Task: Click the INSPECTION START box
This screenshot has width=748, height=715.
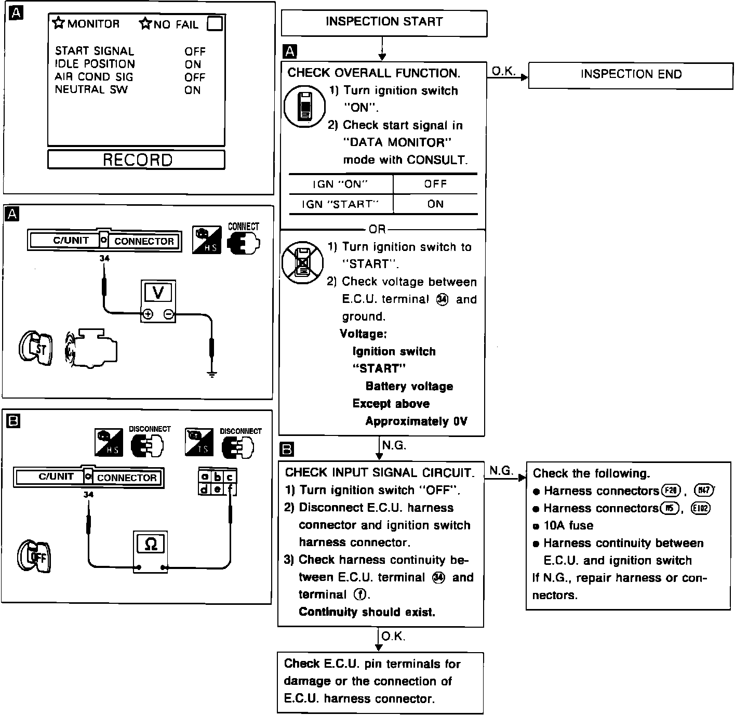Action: (x=384, y=22)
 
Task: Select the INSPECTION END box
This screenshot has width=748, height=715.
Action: (x=631, y=75)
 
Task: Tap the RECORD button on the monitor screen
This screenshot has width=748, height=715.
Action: (x=137, y=160)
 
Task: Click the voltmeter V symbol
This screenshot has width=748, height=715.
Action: (x=158, y=293)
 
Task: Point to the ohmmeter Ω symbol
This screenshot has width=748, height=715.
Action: (x=151, y=544)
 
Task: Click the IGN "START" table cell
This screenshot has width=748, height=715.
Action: (x=340, y=204)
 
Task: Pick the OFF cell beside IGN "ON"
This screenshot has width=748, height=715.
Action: (x=435, y=184)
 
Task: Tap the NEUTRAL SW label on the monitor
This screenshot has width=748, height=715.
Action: (x=91, y=89)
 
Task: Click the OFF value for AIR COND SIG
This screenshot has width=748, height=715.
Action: (x=195, y=77)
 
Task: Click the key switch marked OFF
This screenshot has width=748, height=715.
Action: (x=35, y=557)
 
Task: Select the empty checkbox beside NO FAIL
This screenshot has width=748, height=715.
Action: (x=215, y=24)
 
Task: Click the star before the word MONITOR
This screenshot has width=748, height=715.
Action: (x=59, y=23)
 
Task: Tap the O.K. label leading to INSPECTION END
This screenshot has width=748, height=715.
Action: (x=503, y=71)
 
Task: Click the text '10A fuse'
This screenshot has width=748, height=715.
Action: (x=568, y=525)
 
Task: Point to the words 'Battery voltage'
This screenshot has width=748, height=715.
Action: (x=409, y=386)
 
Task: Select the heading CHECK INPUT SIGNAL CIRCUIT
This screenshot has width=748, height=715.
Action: (x=379, y=472)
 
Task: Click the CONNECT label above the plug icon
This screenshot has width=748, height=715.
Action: (x=243, y=227)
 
